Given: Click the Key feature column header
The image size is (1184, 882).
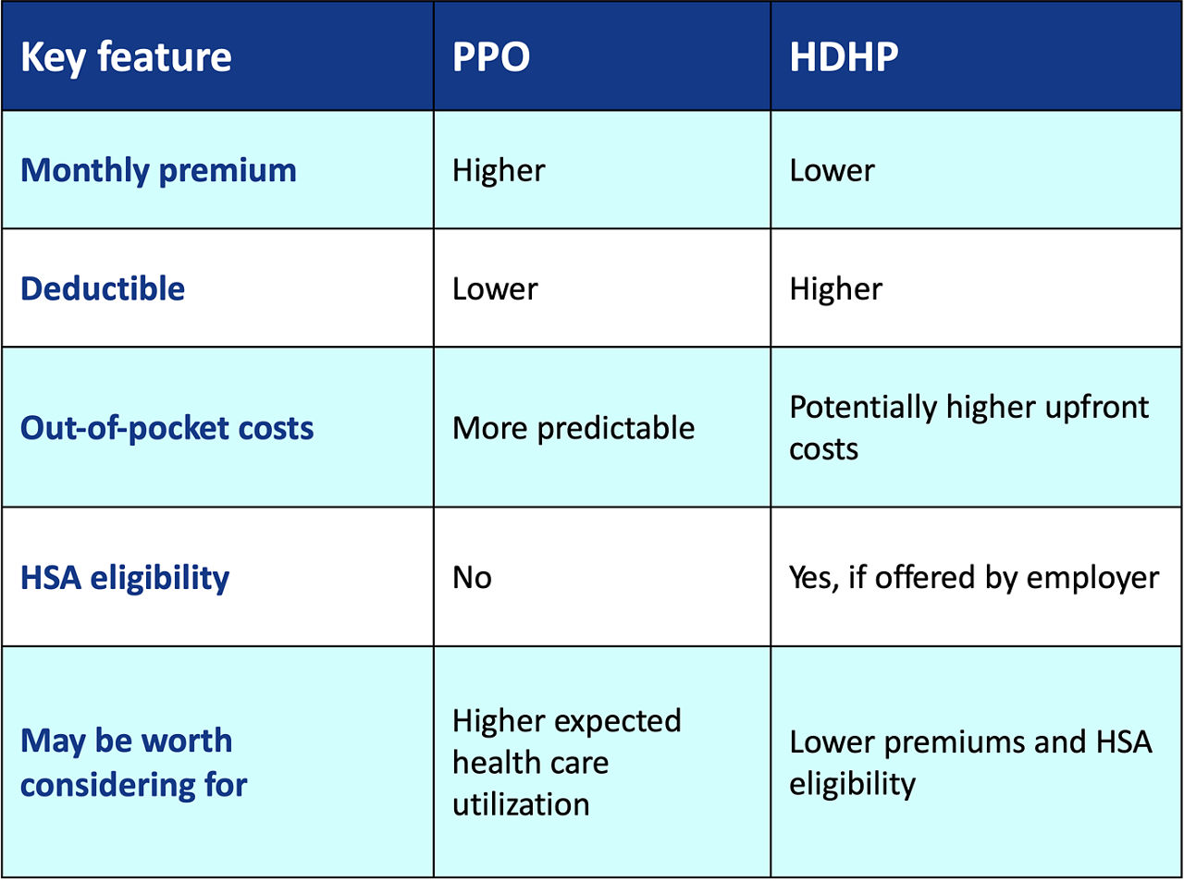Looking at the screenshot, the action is click(x=126, y=57).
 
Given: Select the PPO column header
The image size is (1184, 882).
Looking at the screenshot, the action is click(x=491, y=56).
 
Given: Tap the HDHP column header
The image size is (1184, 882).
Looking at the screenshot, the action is click(x=844, y=56).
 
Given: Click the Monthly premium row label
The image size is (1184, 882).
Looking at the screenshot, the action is click(x=158, y=171).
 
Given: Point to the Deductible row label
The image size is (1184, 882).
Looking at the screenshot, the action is click(x=103, y=288).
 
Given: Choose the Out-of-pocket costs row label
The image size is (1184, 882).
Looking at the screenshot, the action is click(x=167, y=429).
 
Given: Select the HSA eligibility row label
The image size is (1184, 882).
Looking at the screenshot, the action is click(x=125, y=579).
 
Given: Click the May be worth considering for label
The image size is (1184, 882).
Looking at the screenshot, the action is click(x=134, y=763).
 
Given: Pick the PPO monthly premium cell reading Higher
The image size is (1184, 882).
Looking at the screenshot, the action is click(x=499, y=171).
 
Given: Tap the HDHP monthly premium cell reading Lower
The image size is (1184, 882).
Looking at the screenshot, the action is click(x=832, y=171).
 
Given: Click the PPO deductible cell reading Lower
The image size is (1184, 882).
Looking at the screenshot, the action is click(x=495, y=289).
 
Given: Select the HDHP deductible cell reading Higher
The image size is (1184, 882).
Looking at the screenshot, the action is click(x=835, y=289).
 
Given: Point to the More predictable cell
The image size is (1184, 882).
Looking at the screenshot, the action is click(x=573, y=429).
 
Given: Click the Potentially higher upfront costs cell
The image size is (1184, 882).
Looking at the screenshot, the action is click(x=968, y=427).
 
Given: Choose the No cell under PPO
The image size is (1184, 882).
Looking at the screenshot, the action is click(x=472, y=578).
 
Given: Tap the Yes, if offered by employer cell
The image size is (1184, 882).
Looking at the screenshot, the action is click(x=974, y=579).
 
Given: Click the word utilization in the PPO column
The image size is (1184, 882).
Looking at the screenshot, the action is click(x=521, y=805).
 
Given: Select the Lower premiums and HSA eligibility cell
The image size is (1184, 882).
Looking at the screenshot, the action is click(x=970, y=763).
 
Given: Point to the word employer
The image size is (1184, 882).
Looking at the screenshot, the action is click(x=1092, y=580).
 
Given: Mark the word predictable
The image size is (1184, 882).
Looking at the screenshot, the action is click(x=616, y=430).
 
